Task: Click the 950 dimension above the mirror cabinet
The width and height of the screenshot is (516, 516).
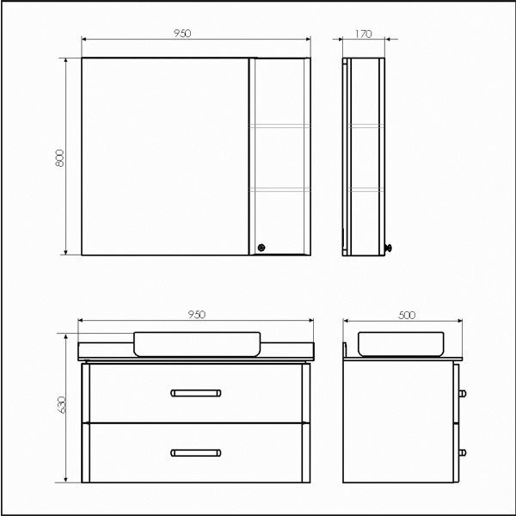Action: click(182, 34)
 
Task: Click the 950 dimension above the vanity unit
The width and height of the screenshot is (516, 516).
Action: click(196, 315)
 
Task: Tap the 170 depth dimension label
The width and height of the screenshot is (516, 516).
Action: click(363, 34)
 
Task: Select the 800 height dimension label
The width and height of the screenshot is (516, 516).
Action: click(59, 158)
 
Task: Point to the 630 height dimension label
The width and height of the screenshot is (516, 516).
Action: click(62, 405)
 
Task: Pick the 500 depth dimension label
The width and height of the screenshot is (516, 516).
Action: click(407, 316)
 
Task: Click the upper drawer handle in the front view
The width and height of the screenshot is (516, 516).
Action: click(196, 393)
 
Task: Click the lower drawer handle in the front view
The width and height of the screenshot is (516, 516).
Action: click(196, 453)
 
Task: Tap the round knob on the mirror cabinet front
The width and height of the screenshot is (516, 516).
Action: click(261, 248)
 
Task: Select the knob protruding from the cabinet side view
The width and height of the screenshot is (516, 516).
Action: click(389, 248)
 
